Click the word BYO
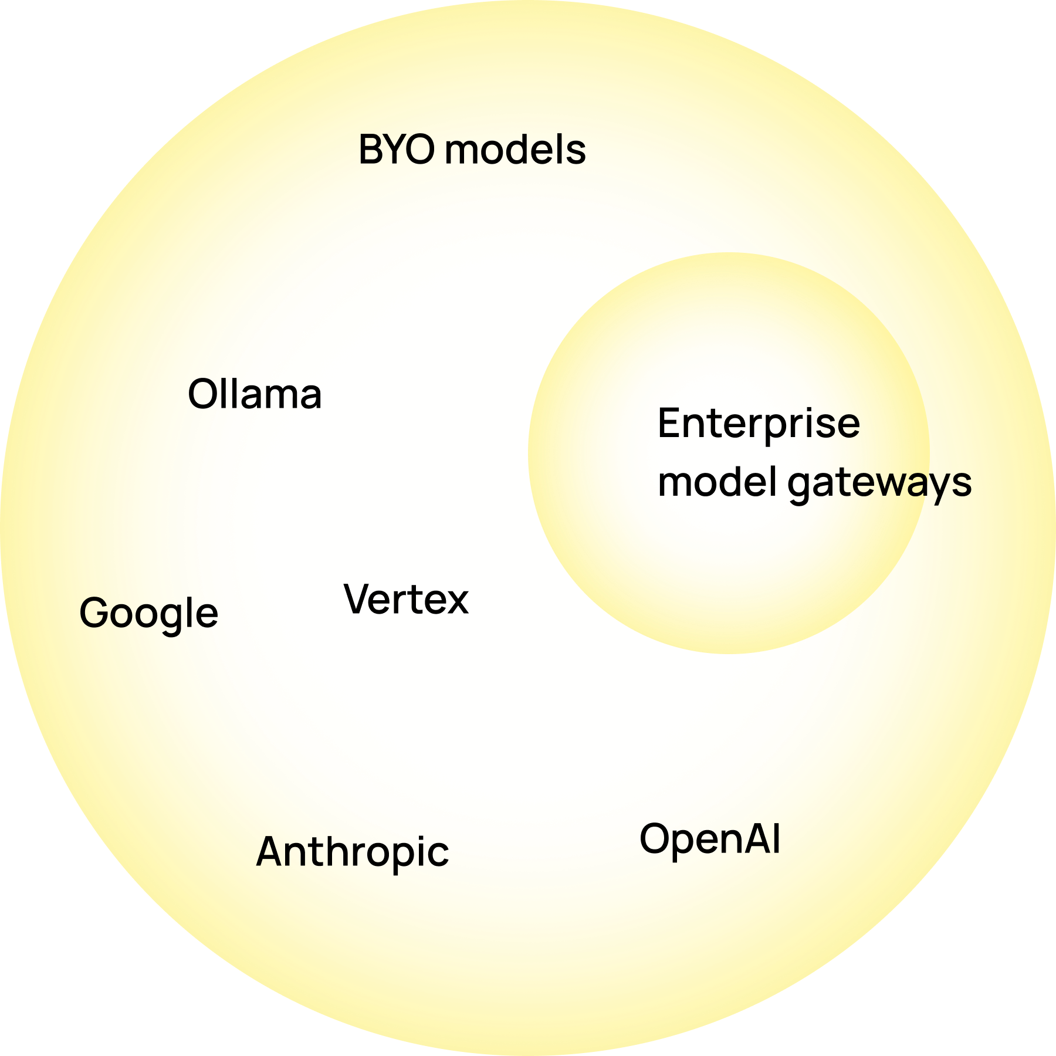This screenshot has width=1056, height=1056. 397,150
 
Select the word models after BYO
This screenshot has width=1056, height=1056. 515,150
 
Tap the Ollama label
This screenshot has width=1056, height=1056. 255,394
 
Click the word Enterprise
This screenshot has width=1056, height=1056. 759,424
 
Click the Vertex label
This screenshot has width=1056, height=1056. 406,600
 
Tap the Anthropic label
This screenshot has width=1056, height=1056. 353,852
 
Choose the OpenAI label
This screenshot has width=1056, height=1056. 710,840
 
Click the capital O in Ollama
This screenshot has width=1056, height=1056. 202,394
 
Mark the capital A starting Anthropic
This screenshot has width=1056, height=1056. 272,852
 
